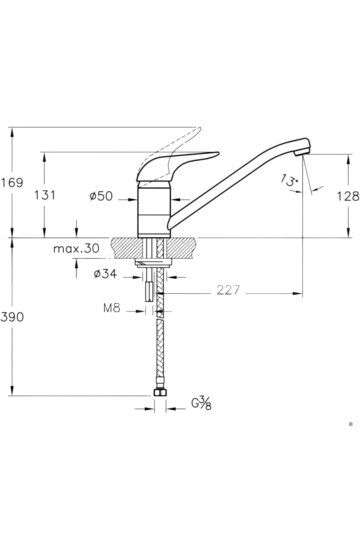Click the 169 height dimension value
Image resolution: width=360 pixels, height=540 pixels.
coord(12,182)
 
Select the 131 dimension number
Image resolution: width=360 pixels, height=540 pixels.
coord(44,195)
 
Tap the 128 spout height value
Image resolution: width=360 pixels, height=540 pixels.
coord(348,196)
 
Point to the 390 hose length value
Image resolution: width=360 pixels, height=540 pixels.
coord(12,316)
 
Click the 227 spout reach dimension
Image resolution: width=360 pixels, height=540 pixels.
coord(228,290)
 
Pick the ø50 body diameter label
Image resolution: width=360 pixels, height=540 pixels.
coord(101,196)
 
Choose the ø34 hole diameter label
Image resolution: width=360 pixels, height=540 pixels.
coord(105,274)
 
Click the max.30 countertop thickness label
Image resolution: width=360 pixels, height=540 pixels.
coord(76,248)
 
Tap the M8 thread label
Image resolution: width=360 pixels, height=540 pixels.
coord(112,308)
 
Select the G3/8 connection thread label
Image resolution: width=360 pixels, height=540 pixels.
coord(202,403)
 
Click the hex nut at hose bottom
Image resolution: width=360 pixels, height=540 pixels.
coord(160,393)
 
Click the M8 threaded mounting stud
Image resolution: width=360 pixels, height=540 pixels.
coord(149,291)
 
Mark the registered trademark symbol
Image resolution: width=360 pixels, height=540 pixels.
coord(351,424)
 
